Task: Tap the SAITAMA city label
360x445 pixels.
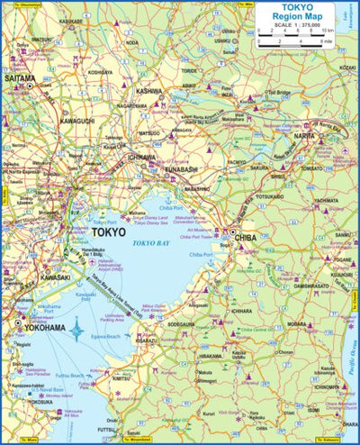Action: coord(22,79)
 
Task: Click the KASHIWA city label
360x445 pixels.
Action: coord(149,91)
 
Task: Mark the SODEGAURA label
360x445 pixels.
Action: coord(182,322)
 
